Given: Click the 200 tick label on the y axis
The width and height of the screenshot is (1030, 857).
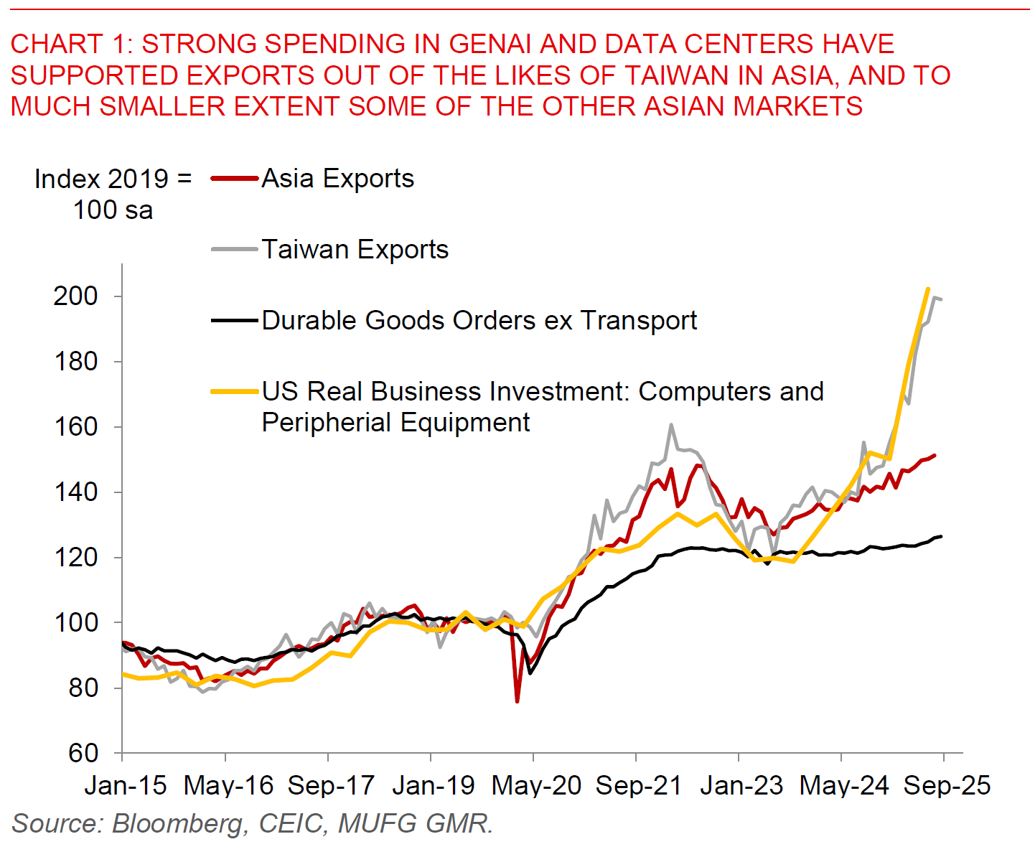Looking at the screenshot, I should click(75, 296).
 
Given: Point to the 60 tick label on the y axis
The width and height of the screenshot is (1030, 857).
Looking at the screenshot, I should click(83, 753).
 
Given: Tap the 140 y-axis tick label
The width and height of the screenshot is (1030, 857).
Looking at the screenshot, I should click(75, 492).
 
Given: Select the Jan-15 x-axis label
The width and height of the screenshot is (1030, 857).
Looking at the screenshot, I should click(126, 785).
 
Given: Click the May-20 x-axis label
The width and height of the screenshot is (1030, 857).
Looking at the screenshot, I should click(536, 785).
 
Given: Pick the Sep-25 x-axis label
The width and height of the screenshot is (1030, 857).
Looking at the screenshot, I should click(947, 785).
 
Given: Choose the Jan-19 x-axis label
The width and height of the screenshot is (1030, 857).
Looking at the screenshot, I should click(434, 785).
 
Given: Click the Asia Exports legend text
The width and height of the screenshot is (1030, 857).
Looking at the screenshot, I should click(337, 178).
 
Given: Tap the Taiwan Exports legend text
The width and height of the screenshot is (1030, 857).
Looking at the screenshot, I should click(355, 249).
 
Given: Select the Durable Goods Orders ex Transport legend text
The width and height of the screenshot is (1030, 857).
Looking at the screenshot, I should click(479, 320).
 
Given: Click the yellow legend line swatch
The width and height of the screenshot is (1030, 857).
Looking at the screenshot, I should click(234, 392).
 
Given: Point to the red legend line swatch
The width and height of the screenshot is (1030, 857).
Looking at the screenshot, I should click(234, 179).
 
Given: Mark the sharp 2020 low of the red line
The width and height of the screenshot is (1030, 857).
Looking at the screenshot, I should click(517, 701).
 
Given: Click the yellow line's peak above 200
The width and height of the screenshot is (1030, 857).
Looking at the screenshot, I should click(928, 289).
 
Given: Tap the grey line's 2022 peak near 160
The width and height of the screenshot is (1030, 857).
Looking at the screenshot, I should click(671, 424).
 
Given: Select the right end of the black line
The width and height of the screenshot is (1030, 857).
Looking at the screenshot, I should click(941, 536).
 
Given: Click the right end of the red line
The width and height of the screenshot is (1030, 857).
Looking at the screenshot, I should click(934, 455).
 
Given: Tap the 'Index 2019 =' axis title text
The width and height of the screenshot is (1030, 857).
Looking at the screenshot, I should click(113, 179).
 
